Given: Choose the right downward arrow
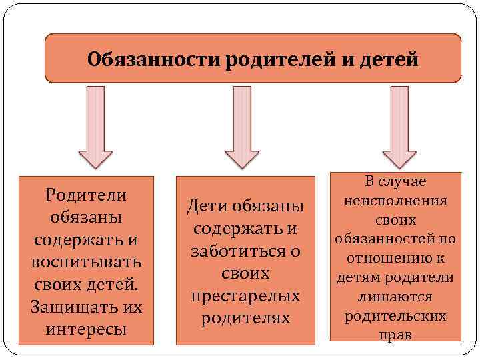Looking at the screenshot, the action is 399,130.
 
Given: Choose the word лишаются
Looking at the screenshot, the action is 396,296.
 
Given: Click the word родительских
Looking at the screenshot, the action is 396,315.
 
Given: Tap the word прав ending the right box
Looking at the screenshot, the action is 396,335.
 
